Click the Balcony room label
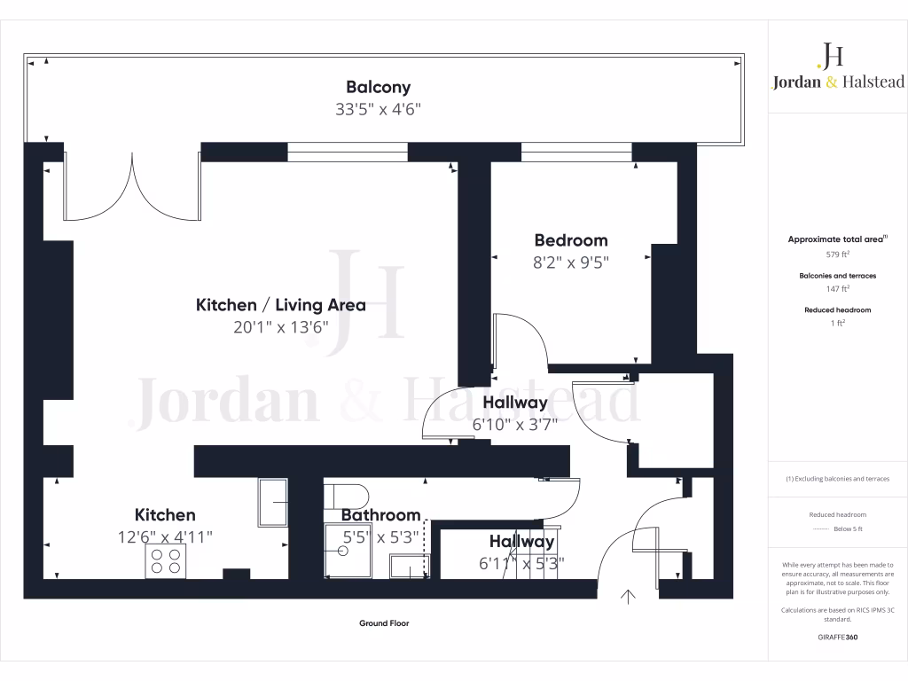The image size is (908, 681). coord(378,87)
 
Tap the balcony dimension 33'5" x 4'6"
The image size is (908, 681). coord(378,110)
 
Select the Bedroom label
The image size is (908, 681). coord(571,240)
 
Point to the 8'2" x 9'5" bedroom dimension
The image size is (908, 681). coord(571,262)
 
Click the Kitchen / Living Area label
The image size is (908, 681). coord(280,305)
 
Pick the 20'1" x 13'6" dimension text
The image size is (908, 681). coord(280,326)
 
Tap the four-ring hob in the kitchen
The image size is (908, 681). coord(166,561)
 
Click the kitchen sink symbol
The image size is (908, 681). coord(273,503)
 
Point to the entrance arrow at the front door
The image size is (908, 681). coord(630,597)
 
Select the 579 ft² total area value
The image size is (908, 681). coord(837,254)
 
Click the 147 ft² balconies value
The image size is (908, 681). coord(837,288)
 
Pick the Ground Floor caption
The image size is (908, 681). coord(384,623)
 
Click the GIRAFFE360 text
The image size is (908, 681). coord(837,637)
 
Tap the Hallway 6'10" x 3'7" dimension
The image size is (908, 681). coord(515,425)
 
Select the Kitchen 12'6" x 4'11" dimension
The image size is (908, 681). coord(166,536)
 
